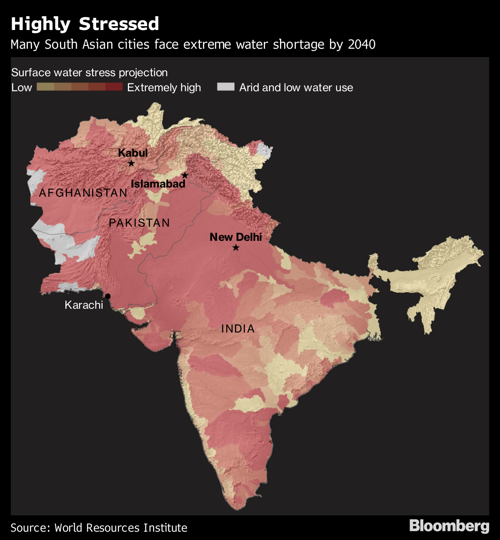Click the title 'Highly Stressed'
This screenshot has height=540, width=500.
point(85,24)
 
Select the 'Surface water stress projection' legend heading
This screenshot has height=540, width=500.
point(89,72)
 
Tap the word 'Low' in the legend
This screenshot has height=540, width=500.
point(22,87)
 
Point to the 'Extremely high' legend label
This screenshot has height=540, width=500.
point(164,87)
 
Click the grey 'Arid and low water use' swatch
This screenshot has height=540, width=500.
point(225,87)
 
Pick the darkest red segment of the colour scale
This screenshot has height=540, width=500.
point(114,87)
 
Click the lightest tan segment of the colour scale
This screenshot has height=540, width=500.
point(45,87)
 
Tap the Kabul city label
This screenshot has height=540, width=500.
point(133,153)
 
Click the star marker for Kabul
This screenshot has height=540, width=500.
point(131,163)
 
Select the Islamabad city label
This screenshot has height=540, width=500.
point(158,184)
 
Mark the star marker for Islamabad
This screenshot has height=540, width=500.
point(185,175)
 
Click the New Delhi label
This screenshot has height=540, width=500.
point(236,237)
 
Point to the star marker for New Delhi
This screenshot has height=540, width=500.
point(236,248)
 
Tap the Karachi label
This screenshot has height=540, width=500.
point(84,305)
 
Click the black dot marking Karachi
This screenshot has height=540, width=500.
point(107,296)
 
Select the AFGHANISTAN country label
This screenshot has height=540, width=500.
point(83,192)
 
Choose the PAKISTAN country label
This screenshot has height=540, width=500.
point(139,223)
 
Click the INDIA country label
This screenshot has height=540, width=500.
point(238,329)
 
